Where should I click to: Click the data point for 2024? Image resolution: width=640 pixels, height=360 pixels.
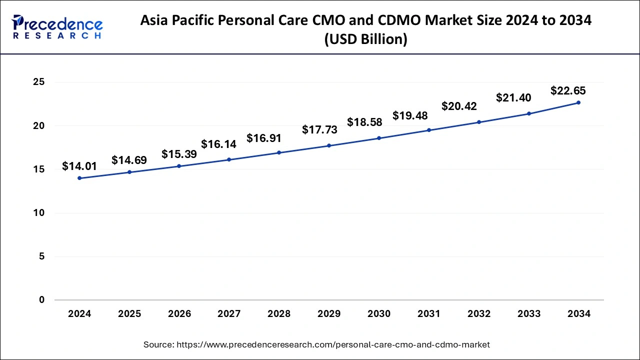point(79,178)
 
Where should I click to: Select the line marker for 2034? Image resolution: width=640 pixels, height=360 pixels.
point(578,102)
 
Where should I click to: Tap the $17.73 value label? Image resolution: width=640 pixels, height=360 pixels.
point(319,130)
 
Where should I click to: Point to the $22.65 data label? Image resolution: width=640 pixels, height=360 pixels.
point(568,91)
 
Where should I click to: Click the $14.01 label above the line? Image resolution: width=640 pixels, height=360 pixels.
point(79,166)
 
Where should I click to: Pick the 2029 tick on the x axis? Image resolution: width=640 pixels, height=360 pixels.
point(329,314)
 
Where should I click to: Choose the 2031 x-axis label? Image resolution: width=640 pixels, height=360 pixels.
point(429,314)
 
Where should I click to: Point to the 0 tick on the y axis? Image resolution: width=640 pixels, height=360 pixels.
point(42,300)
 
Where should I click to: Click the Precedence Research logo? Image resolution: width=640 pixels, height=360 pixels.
point(56,27)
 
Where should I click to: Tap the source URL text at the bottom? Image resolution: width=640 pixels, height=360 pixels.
point(316,344)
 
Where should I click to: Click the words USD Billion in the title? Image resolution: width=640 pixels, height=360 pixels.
point(366,39)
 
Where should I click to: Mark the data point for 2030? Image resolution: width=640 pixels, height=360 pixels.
point(379,138)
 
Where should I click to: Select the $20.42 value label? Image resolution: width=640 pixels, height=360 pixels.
point(459,106)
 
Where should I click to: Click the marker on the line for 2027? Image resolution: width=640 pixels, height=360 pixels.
point(229,159)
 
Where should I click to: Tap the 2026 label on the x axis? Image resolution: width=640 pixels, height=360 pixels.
point(179,314)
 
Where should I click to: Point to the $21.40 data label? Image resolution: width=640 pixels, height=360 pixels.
point(513,98)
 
